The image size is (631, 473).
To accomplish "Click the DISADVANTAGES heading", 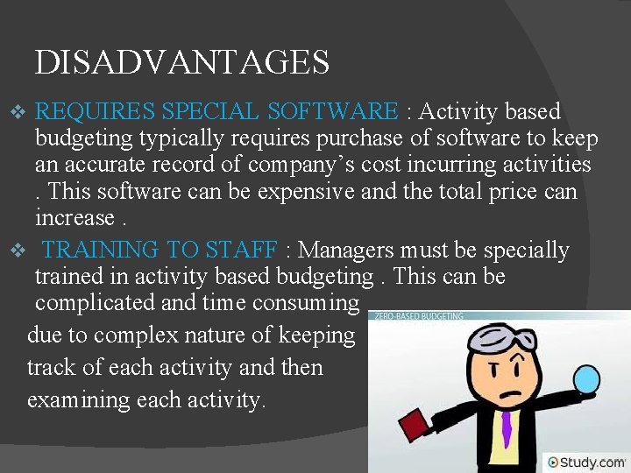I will point(182,62).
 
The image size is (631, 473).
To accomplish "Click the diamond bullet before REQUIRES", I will point(24,113).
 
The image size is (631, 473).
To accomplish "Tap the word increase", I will point(74,217).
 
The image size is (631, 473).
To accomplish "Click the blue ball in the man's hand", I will point(585,379).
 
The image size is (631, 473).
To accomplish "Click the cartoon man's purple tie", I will point(506,428).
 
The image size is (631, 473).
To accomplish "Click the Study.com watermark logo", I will point(586,462).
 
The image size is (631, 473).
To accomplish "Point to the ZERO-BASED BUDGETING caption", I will point(417,315).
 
